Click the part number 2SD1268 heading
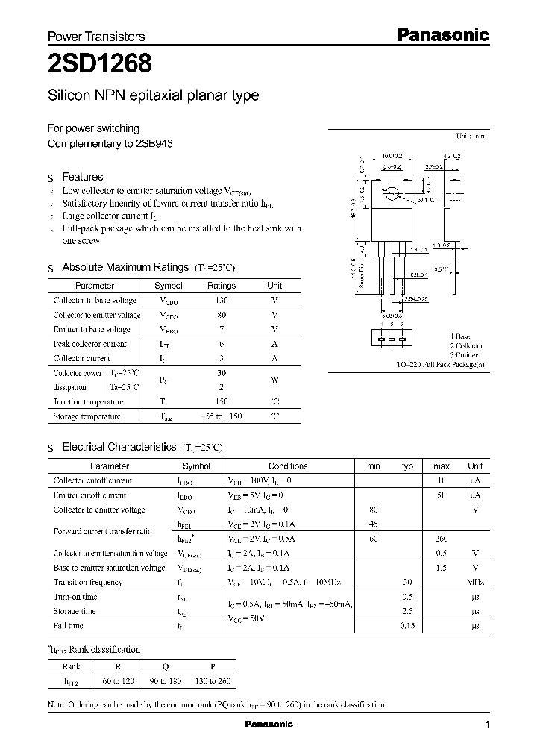tap(100, 65)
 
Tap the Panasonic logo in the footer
tap(268, 724)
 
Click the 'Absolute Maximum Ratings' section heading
tap(125, 267)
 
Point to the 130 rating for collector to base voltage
tap(221, 300)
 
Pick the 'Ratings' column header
tap(221, 286)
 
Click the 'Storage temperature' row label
tap(87, 416)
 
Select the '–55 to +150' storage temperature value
tap(221, 416)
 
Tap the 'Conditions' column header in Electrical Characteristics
tap(287, 466)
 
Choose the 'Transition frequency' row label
tap(88, 582)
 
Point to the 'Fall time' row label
tap(69, 625)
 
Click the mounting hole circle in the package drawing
tap(389, 195)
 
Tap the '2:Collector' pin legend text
tap(466, 346)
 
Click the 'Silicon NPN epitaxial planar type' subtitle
tap(153, 95)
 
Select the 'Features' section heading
tap(82, 177)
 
